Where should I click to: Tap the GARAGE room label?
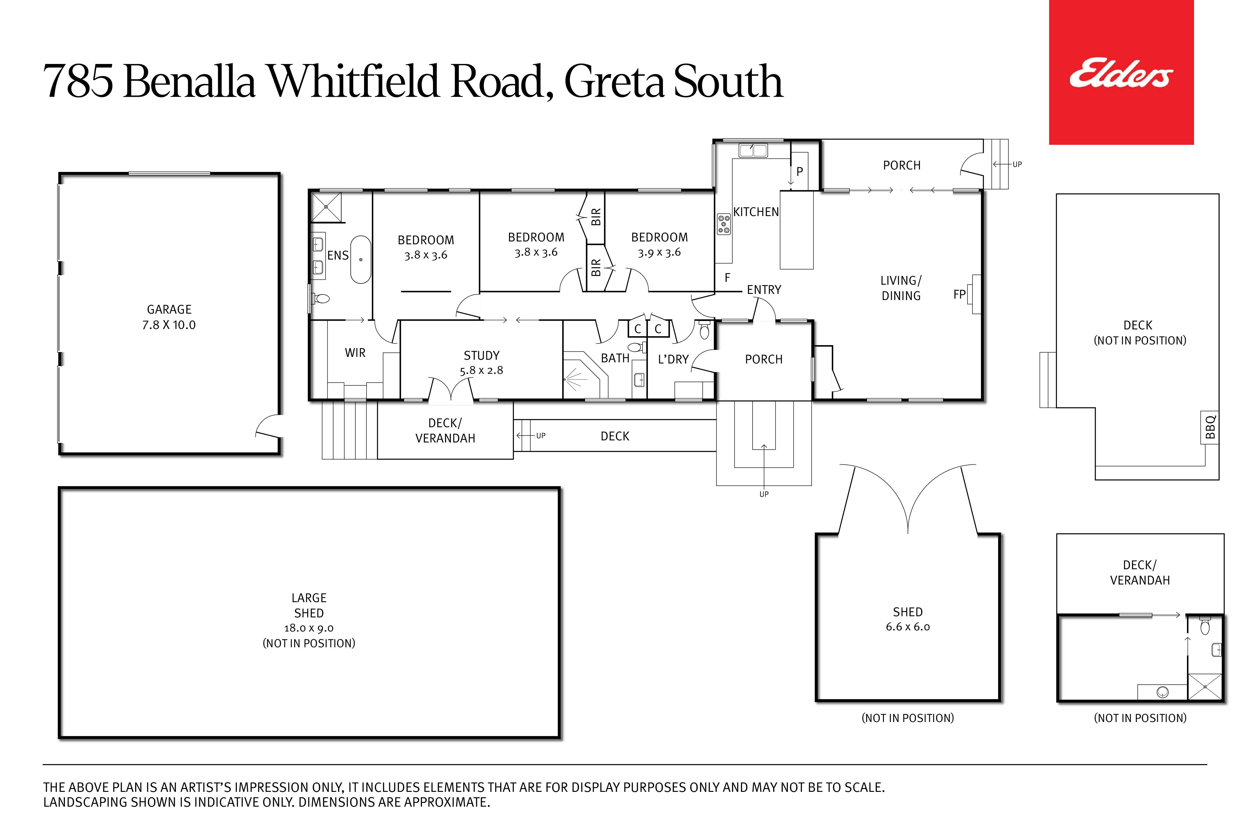[169, 309]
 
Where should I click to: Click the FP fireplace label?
[959, 294]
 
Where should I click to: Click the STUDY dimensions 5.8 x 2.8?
[481, 370]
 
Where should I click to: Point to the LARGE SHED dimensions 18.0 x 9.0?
[309, 628]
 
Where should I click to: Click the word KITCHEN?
[756, 212]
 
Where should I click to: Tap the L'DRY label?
[673, 359]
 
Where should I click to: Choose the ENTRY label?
[764, 289]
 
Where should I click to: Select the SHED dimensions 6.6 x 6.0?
[908, 627]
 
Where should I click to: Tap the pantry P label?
[799, 172]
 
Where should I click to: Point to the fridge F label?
[727, 277]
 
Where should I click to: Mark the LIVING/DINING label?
[901, 288]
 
